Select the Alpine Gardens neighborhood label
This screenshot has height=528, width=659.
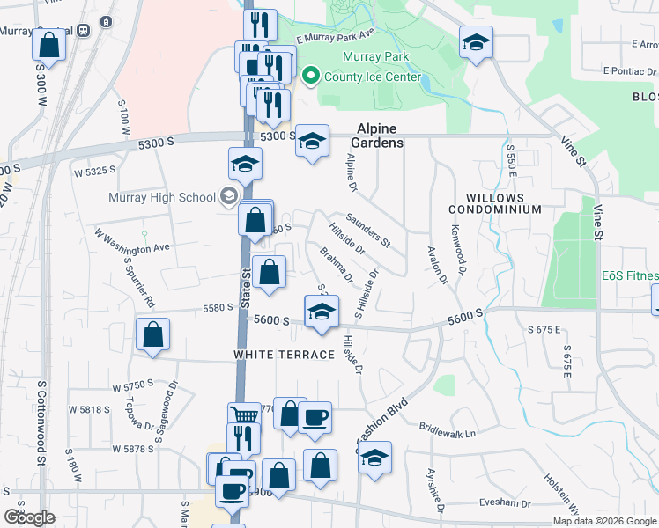tap(380, 136)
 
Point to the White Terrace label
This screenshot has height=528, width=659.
tap(284, 354)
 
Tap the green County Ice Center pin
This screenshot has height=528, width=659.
tap(309, 77)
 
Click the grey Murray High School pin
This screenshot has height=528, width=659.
tap(229, 195)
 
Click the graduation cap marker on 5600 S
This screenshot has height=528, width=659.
tap(322, 312)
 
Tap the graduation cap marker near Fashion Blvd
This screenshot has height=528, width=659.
tap(375, 458)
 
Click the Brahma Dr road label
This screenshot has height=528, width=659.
tap(336, 266)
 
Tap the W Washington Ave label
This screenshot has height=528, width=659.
tap(131, 243)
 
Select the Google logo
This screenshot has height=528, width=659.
tap(29, 517)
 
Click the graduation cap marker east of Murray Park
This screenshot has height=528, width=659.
tap(476, 42)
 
